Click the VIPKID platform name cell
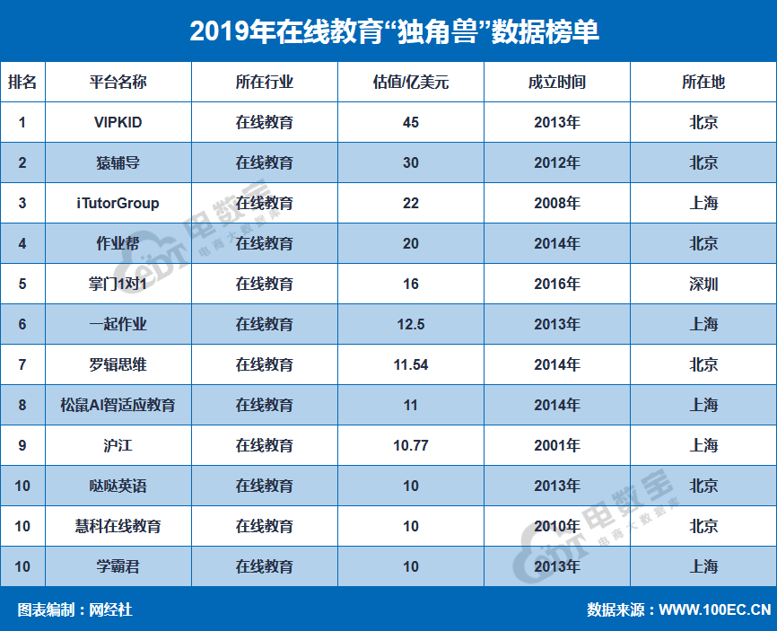tap(118, 123)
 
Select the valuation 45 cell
tap(411, 123)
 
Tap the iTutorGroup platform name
tap(118, 204)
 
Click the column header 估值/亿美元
tap(411, 83)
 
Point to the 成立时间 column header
tap(556, 83)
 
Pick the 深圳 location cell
tap(703, 285)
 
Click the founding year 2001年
tap(556, 446)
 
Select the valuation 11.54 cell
tap(411, 365)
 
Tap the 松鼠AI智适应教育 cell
tap(118, 406)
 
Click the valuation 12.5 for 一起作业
tap(411, 325)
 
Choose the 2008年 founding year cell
tap(556, 204)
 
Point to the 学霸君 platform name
tap(118, 567)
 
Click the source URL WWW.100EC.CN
tap(715, 610)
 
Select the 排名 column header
tap(22, 83)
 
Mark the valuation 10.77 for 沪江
tap(411, 446)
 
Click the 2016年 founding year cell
tap(556, 285)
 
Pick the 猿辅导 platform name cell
tap(118, 163)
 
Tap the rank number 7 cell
tap(22, 365)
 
